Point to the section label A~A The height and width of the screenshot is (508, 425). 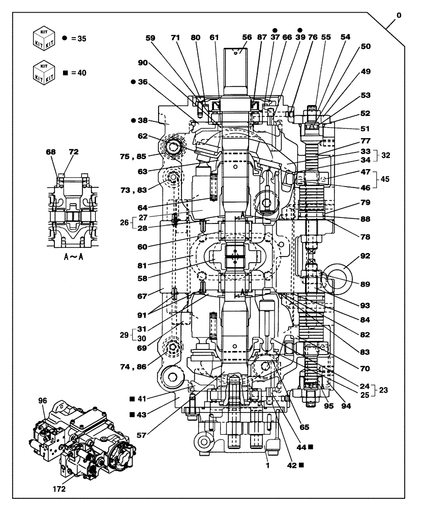(x=74, y=257)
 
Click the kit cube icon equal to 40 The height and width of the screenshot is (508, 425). (x=44, y=72)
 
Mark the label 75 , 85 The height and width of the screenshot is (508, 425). (x=147, y=157)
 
